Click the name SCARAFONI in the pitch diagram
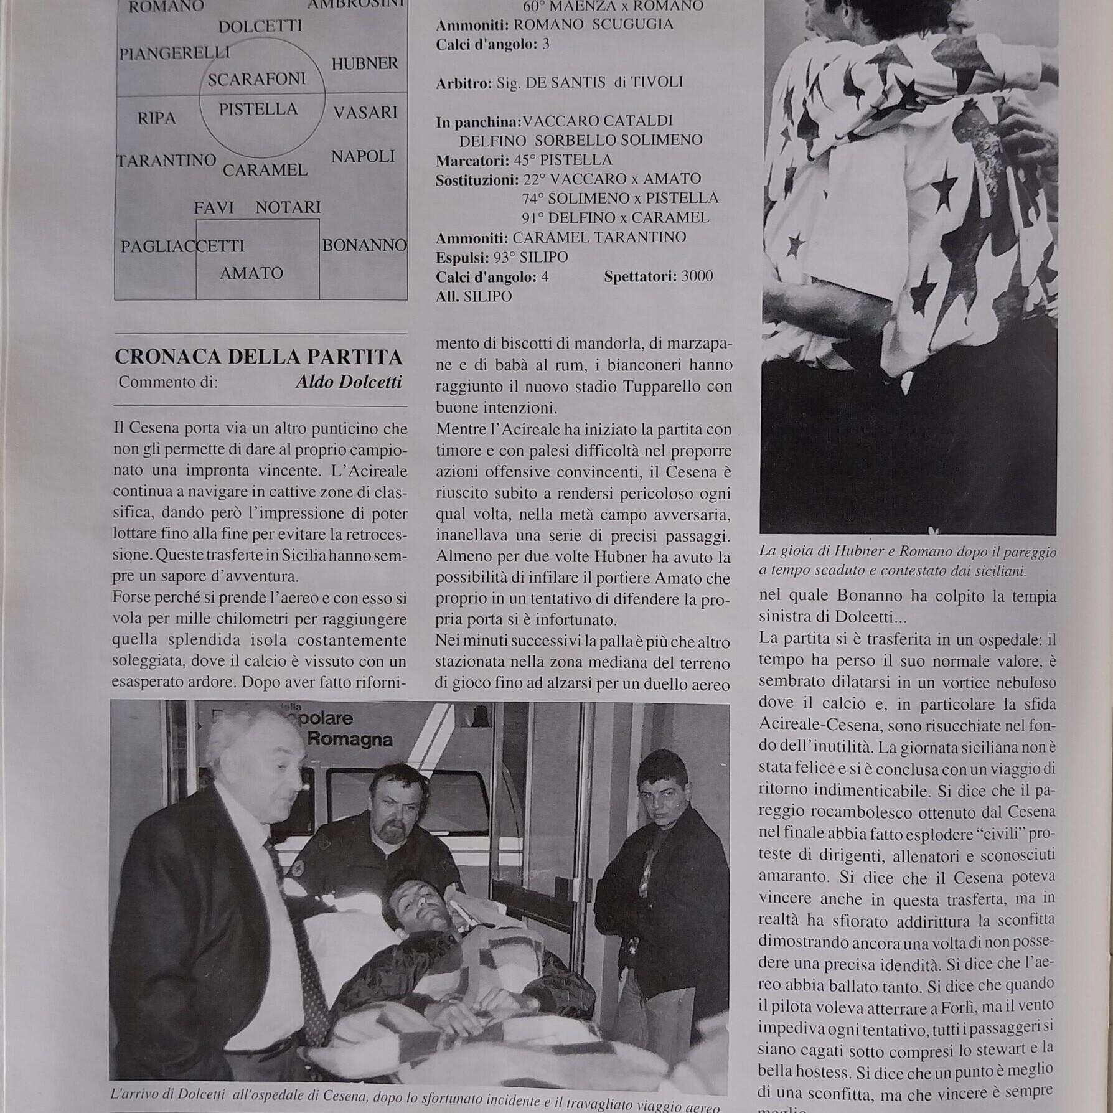[x=256, y=79]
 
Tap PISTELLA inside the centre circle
[x=258, y=110]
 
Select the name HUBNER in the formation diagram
[x=365, y=63]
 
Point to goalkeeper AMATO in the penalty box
[x=251, y=273]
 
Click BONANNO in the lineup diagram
[x=364, y=245]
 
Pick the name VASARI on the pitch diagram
[x=365, y=113]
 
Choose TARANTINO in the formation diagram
[x=167, y=161]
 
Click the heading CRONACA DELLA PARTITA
[x=258, y=357]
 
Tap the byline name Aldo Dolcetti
[x=349, y=382]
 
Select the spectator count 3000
[x=697, y=276]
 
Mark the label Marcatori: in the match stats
[x=472, y=161]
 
